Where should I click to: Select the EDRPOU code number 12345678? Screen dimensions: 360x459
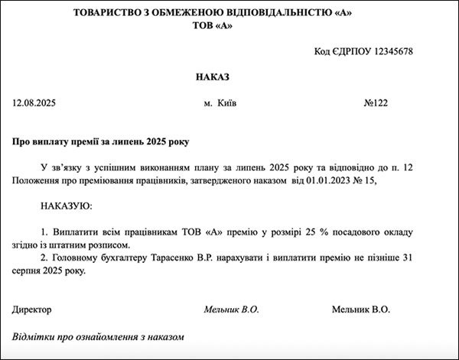click(x=386, y=51)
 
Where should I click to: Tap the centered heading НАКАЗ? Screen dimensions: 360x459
click(x=212, y=77)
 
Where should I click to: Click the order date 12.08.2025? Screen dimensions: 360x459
click(x=35, y=102)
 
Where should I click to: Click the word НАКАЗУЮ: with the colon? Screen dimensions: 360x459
click(x=64, y=206)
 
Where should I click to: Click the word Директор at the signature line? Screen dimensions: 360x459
click(x=32, y=310)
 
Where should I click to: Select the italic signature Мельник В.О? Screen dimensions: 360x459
click(x=232, y=310)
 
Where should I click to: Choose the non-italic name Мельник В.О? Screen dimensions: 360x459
click(x=361, y=310)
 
